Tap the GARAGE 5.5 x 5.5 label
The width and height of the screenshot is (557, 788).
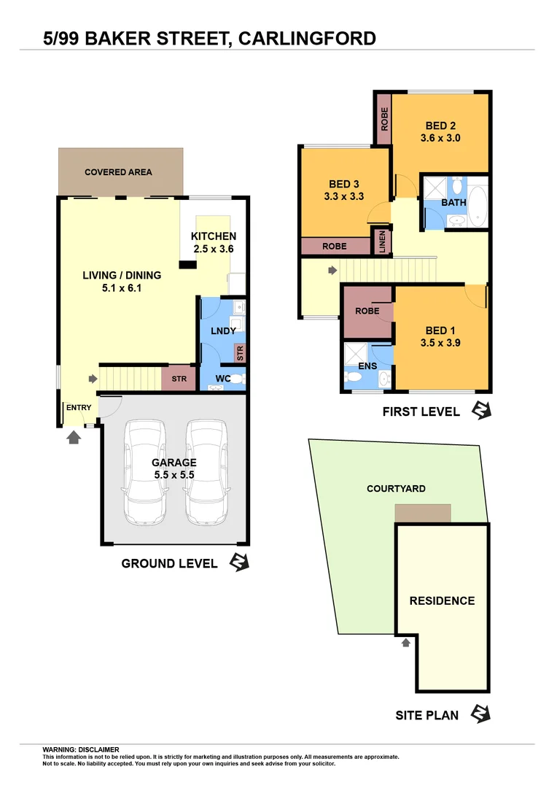(x=174, y=468)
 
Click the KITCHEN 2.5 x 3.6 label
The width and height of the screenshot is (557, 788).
(x=214, y=242)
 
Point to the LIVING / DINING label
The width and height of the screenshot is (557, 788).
(x=122, y=282)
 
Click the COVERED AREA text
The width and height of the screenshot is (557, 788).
(x=118, y=172)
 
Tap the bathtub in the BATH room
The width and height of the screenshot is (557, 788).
(x=478, y=206)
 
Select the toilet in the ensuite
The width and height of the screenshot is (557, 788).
(x=354, y=377)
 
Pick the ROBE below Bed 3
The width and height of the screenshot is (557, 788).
(x=335, y=247)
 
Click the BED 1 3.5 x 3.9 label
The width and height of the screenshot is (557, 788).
(x=440, y=337)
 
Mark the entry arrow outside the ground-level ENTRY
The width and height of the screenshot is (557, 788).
(x=73, y=437)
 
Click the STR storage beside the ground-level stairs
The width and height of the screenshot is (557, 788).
(x=179, y=379)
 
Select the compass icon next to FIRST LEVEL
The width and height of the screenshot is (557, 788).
(x=481, y=411)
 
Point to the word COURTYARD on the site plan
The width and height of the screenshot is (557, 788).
(x=396, y=489)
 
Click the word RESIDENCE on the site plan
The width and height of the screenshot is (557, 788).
(x=442, y=600)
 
